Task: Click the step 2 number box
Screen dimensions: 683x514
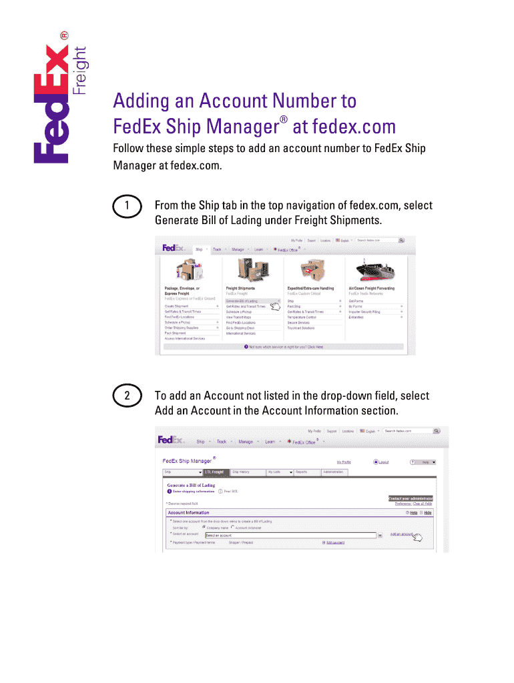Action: (127, 396)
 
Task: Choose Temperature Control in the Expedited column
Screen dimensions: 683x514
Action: (302, 317)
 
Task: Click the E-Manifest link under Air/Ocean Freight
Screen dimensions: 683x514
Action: (356, 317)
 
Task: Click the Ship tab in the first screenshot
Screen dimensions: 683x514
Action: (199, 249)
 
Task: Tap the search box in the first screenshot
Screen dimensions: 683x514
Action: (376, 240)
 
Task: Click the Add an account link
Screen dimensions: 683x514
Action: (403, 534)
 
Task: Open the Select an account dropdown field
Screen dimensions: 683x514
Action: (290, 535)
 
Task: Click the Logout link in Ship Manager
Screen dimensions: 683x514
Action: (383, 462)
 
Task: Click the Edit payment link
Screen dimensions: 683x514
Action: (335, 543)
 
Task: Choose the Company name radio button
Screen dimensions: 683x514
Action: (204, 527)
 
